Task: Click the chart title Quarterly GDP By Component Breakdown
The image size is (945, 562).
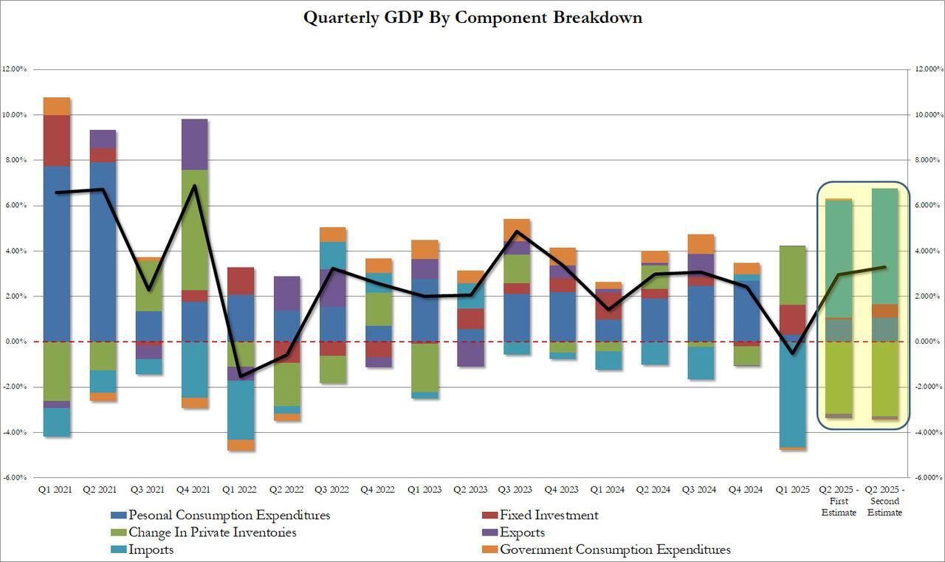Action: point(472,18)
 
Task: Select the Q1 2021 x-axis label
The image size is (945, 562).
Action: point(57,490)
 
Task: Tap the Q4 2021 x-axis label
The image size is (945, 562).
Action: point(194,490)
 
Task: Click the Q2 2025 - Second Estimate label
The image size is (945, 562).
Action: point(884,501)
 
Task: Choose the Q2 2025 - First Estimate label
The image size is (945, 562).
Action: point(839,501)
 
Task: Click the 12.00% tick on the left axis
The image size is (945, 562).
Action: point(15,69)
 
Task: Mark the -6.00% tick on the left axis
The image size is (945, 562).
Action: point(15,478)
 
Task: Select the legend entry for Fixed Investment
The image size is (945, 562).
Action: point(549,516)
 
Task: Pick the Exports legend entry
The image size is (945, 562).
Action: point(522,532)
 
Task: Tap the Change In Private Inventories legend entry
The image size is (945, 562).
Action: point(212,532)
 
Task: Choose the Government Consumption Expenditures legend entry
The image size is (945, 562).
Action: point(615,549)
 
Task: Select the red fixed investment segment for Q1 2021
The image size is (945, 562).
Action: point(57,140)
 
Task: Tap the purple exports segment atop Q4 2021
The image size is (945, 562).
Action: point(194,145)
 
